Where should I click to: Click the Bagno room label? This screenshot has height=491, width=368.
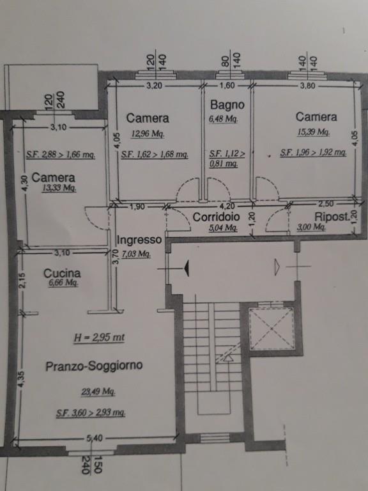[x=227, y=105]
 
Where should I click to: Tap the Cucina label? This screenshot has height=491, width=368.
[x=62, y=273]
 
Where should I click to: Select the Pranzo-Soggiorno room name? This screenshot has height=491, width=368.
[x=94, y=366]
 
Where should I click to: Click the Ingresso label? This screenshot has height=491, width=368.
[x=139, y=240]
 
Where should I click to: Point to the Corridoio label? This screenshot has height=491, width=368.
[x=216, y=217]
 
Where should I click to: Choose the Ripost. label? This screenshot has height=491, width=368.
[x=332, y=217]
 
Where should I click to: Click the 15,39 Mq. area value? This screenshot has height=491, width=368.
[x=313, y=132]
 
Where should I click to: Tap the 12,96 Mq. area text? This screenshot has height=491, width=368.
[x=148, y=134]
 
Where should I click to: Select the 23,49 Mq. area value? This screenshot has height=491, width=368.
[x=98, y=392]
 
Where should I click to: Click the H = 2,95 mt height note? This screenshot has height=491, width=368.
[x=99, y=338]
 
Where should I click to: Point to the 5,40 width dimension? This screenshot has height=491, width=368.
[x=95, y=438]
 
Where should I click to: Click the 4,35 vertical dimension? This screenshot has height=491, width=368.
[x=20, y=379]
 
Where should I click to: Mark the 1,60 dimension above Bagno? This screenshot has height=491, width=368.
[x=227, y=85]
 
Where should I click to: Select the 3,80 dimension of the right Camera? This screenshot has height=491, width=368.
[x=307, y=85]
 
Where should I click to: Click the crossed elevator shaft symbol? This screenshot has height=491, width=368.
[x=272, y=329]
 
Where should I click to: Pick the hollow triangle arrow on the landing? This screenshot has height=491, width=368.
[x=277, y=267]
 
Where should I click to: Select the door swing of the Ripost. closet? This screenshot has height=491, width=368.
[x=277, y=220]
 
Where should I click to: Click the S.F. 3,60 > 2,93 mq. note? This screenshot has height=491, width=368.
[x=91, y=414]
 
